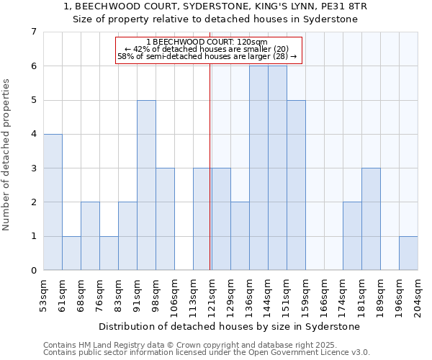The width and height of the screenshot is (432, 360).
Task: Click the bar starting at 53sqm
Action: pyautogui.click(x=53, y=202)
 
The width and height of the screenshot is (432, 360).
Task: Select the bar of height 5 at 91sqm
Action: pyautogui.click(x=146, y=185)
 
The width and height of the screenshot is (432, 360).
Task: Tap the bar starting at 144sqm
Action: pyautogui.click(x=277, y=168)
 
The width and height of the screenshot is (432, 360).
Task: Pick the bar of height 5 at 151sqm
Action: pyautogui.click(x=296, y=185)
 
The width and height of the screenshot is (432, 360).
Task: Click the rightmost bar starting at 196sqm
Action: pyautogui.click(x=408, y=253)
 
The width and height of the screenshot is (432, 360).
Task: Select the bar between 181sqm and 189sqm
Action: pyautogui.click(x=371, y=219)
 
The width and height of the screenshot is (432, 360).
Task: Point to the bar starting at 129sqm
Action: pyautogui.click(x=240, y=236)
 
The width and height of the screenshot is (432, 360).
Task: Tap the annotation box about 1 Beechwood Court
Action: pyautogui.click(x=208, y=49)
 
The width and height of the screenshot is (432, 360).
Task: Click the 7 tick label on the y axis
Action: pyautogui.click(x=33, y=32)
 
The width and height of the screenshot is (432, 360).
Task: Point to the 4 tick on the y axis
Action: pyautogui.click(x=33, y=134)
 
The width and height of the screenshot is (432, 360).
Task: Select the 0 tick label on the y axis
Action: pyautogui.click(x=33, y=271)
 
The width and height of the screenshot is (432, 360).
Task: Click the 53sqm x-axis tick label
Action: pyautogui.click(x=44, y=294)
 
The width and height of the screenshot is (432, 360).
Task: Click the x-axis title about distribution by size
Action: pyautogui.click(x=230, y=326)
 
